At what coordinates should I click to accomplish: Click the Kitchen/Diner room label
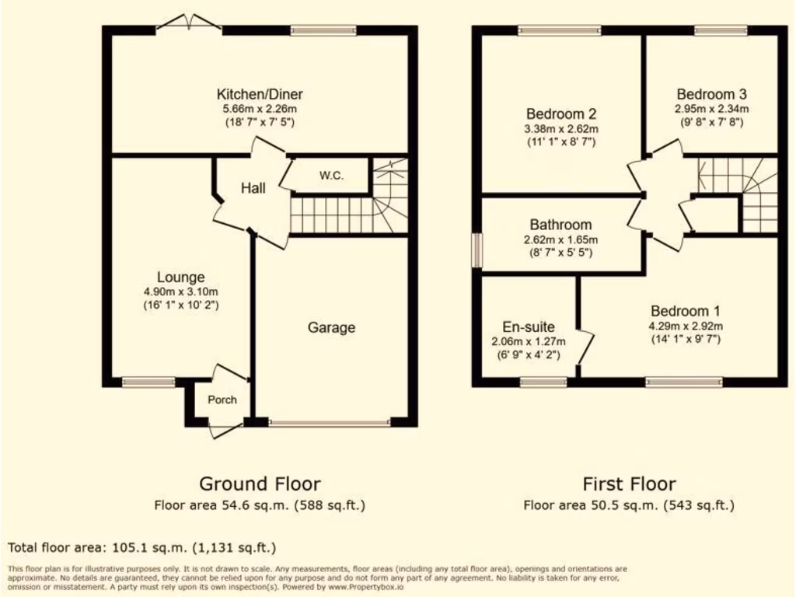260,95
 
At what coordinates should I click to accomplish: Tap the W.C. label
331,176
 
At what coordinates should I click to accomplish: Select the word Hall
253,188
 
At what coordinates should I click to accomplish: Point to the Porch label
222,400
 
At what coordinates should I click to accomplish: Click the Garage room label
331,327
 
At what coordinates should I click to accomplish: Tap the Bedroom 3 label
711,94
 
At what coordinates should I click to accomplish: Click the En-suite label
528,327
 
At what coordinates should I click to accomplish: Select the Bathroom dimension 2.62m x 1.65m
561,239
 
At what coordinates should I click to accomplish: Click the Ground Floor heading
260,484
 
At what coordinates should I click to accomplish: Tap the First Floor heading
629,484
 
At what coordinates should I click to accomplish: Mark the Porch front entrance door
226,428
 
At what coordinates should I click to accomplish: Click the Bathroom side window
477,250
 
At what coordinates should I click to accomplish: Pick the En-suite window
543,382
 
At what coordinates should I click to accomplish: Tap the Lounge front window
148,382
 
